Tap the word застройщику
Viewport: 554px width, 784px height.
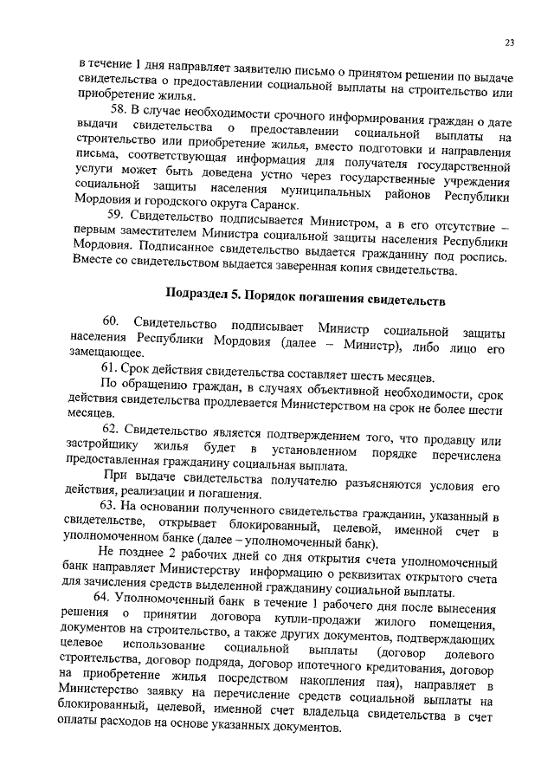coord(111,448)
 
